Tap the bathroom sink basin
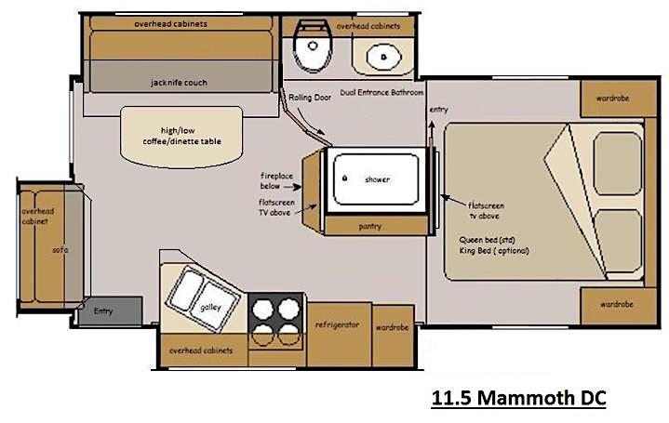[x=384, y=57]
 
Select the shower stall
[x=376, y=179]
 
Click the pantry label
[x=370, y=227]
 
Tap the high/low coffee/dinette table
[x=181, y=137]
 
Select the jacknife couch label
[x=179, y=83]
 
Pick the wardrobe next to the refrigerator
[x=393, y=336]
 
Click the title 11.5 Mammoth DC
[x=518, y=398]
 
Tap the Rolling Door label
[x=310, y=98]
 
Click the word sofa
[x=60, y=250]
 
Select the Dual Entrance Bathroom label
[x=381, y=92]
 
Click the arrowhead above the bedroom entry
[x=432, y=124]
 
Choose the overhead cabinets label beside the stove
[x=201, y=350]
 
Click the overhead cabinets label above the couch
[x=170, y=24]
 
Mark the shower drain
[x=345, y=178]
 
